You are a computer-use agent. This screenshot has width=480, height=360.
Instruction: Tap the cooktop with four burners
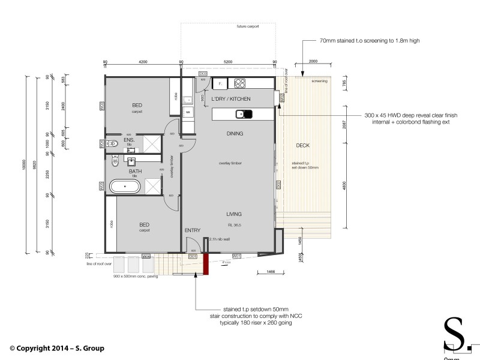pyautogui.click(x=241, y=83)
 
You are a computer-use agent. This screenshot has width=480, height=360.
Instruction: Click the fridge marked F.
pyautogui.click(x=220, y=83)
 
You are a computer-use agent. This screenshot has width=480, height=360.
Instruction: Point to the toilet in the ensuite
pyautogui.click(x=112, y=143)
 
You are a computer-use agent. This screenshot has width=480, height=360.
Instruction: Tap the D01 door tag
pyautogui.click(x=193, y=256)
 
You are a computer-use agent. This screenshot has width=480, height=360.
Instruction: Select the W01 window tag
pyautogui.click(x=236, y=256)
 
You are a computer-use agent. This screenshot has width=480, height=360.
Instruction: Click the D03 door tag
pyautogui.click(x=187, y=73)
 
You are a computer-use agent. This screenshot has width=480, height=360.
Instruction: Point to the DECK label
pyautogui.click(x=303, y=146)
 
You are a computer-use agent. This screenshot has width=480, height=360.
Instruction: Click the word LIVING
pyautogui.click(x=234, y=214)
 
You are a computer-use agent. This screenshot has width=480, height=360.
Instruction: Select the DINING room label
pyautogui.click(x=235, y=133)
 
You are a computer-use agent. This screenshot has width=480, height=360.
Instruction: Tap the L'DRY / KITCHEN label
pyautogui.click(x=230, y=98)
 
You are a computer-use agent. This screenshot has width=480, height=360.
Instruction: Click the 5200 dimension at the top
pyautogui.click(x=228, y=61)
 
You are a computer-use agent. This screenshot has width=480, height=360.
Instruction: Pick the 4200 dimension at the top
pyautogui.click(x=143, y=61)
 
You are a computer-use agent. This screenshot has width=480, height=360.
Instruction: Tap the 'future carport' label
pyautogui.click(x=248, y=28)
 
